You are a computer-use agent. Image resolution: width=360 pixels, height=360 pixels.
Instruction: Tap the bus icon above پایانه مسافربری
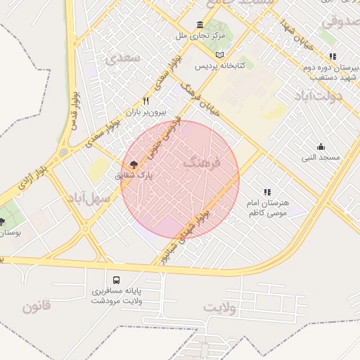(x=116, y=279)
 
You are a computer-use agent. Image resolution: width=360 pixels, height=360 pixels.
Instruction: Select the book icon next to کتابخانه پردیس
(x=220, y=54)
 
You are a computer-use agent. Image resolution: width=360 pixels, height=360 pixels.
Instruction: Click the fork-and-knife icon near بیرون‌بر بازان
(x=146, y=101)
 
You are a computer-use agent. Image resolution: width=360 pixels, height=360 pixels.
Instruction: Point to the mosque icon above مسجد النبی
(x=321, y=147)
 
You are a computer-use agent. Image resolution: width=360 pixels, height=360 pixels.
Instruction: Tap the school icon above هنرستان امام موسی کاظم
(x=266, y=191)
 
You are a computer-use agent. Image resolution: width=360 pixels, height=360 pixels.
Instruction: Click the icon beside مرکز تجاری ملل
(x=201, y=25)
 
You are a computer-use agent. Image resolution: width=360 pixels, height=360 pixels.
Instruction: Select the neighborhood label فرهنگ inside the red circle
(x=202, y=163)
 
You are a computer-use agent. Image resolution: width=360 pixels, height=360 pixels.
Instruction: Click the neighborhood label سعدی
(x=120, y=59)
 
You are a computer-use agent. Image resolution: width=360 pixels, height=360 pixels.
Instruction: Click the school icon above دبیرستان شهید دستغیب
(x=333, y=56)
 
